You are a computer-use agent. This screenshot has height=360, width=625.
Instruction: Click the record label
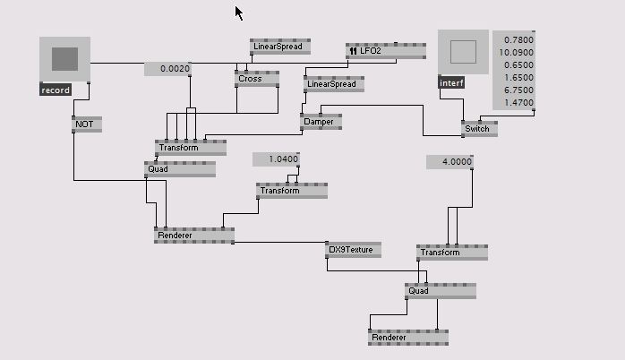coord(56,90)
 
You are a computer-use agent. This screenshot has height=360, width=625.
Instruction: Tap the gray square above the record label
coord(64,59)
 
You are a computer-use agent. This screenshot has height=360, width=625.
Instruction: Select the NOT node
coord(86,124)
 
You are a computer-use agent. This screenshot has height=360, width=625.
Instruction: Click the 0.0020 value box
coord(168,69)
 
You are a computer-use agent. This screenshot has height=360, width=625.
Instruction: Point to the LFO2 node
coord(385,51)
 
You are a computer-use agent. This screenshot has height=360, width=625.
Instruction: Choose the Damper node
coord(321,122)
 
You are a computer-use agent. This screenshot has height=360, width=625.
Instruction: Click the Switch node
coord(479,128)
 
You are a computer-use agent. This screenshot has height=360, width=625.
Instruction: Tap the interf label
coord(451,83)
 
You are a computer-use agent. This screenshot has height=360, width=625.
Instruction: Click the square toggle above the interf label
coord(463,52)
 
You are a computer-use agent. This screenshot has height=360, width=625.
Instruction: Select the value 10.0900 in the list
coord(517,53)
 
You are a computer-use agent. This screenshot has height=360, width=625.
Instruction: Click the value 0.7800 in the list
coord(518,40)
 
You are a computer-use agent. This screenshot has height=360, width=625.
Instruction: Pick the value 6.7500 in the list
coord(518,90)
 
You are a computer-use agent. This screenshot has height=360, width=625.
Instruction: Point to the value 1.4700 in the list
coord(518,103)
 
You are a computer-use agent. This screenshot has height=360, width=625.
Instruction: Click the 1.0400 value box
coord(276,159)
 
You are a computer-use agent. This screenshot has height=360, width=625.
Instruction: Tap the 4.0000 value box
coord(449,162)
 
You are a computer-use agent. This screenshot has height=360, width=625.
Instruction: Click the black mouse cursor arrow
coord(239,13)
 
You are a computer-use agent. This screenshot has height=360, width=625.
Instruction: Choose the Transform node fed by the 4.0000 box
coord(451,253)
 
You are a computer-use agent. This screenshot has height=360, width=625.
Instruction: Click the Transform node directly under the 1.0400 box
coord(292,191)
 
